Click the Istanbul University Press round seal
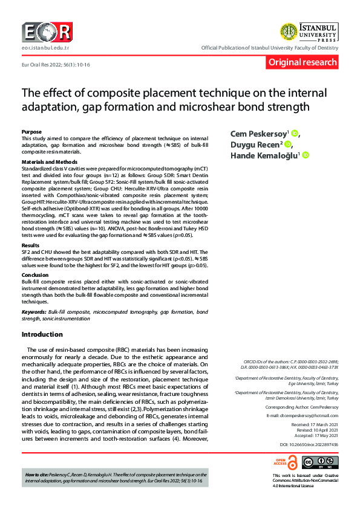click(288, 31)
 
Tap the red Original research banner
click(303, 62)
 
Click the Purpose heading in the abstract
click(31, 131)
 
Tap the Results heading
click(30, 245)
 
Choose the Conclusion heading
click(35, 274)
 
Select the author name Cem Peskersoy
click(258, 134)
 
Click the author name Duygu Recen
click(255, 144)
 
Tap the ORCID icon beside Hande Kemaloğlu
click(306, 155)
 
